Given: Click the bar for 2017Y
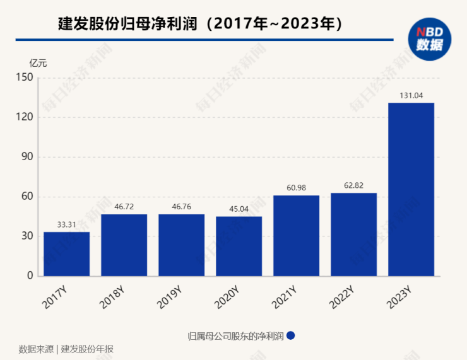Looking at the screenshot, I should click(66, 254).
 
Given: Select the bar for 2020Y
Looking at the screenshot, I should click(239, 247).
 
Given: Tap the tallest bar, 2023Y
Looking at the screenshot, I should click(411, 189).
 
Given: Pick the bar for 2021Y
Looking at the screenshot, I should click(296, 236).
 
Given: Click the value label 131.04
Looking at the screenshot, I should click(411, 95).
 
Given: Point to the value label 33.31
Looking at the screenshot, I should click(66, 224).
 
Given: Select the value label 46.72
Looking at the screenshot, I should click(124, 207).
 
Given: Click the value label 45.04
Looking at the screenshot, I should click(239, 209).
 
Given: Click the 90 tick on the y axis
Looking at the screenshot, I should click(27, 157).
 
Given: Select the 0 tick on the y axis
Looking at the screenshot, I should click(29, 276).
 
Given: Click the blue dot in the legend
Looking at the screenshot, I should click(291, 335).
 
